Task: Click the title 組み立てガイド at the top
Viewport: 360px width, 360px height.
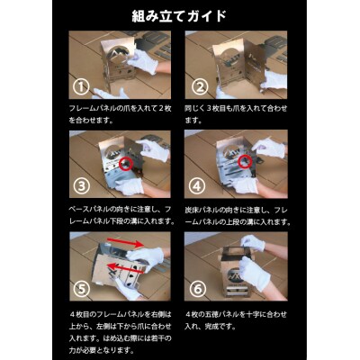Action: point(179,15)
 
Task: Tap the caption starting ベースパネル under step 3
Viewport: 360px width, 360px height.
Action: point(122,214)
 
